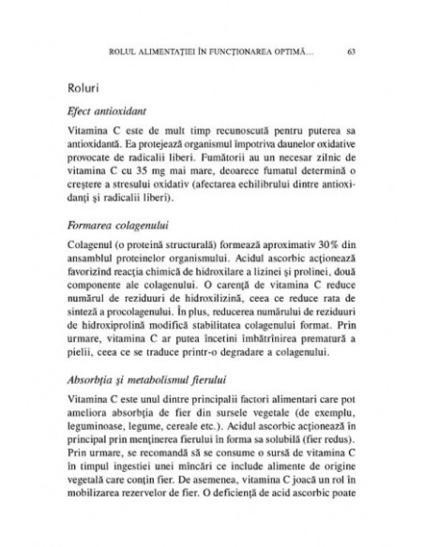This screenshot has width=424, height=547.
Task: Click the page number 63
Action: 350,50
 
